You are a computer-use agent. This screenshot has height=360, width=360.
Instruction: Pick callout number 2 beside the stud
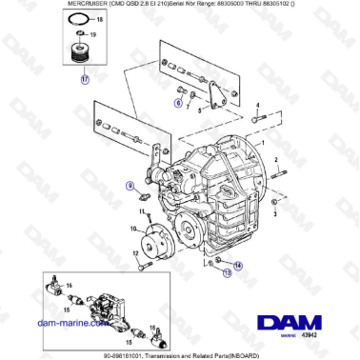(275, 159)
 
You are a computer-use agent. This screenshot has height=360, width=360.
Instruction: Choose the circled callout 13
(227, 271)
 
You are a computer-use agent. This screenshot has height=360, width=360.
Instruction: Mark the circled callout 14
(238, 266)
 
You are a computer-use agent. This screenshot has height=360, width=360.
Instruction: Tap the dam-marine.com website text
(67, 324)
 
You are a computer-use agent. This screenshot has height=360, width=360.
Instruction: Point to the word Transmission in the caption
(167, 354)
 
